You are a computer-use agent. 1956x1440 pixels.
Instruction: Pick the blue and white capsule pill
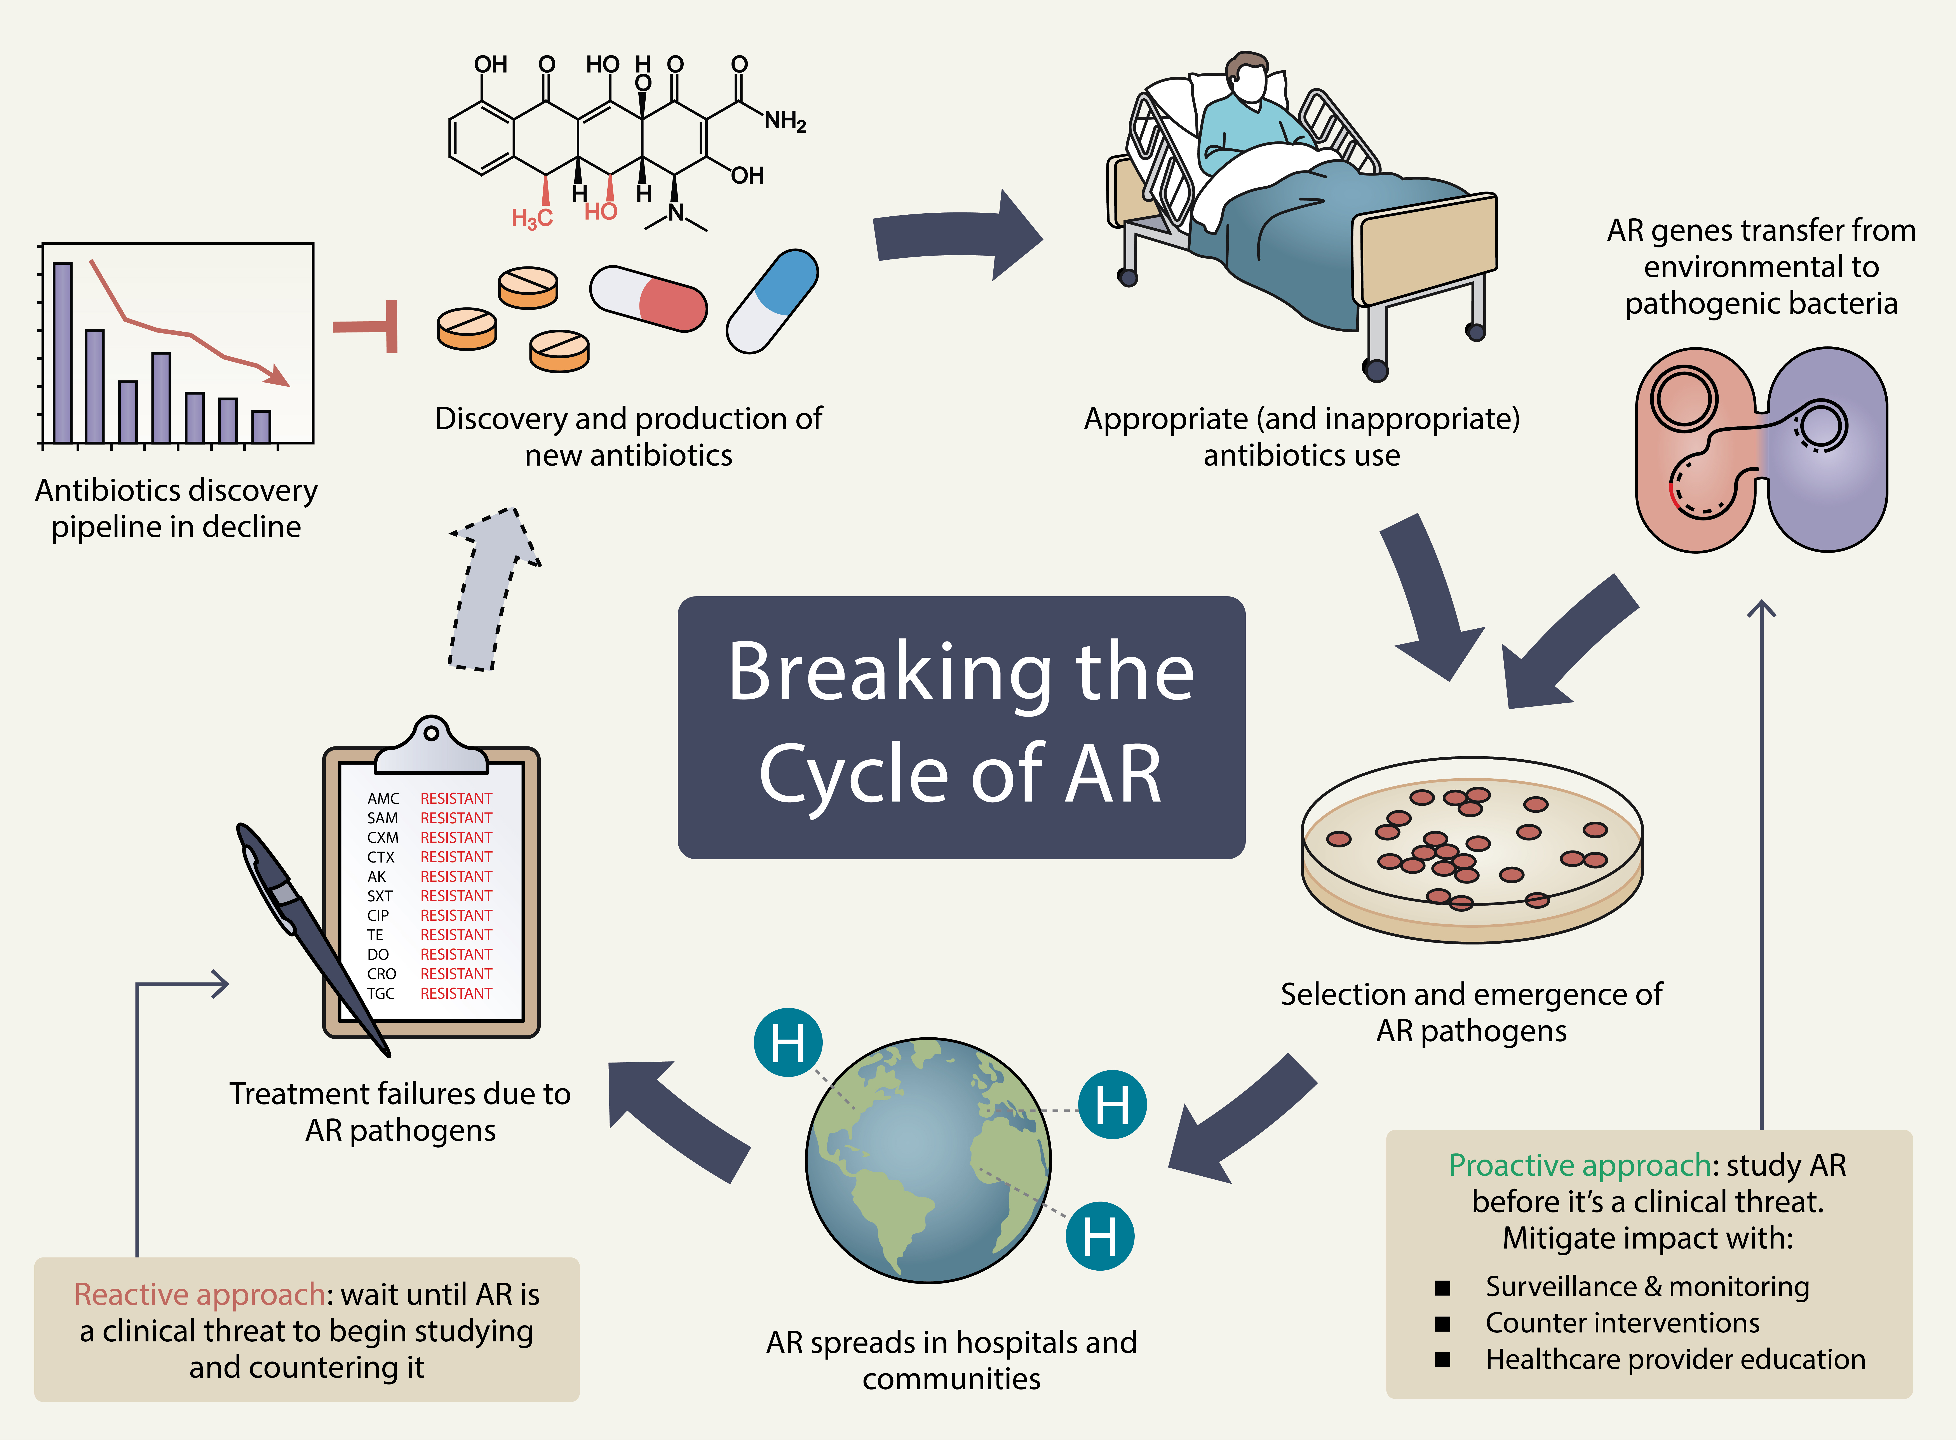click(x=772, y=301)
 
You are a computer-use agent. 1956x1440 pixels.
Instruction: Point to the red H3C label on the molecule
click(x=532, y=218)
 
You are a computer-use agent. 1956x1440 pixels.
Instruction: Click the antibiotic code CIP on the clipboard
click(x=378, y=915)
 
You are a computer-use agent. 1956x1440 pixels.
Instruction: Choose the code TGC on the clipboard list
click(x=381, y=994)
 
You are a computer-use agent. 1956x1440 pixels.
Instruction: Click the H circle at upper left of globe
click(x=788, y=1043)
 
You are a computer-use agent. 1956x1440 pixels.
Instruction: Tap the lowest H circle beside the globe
click(x=1100, y=1236)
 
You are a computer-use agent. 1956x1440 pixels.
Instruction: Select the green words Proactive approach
click(x=1579, y=1165)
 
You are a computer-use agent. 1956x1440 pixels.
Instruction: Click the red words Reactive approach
click(x=200, y=1294)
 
